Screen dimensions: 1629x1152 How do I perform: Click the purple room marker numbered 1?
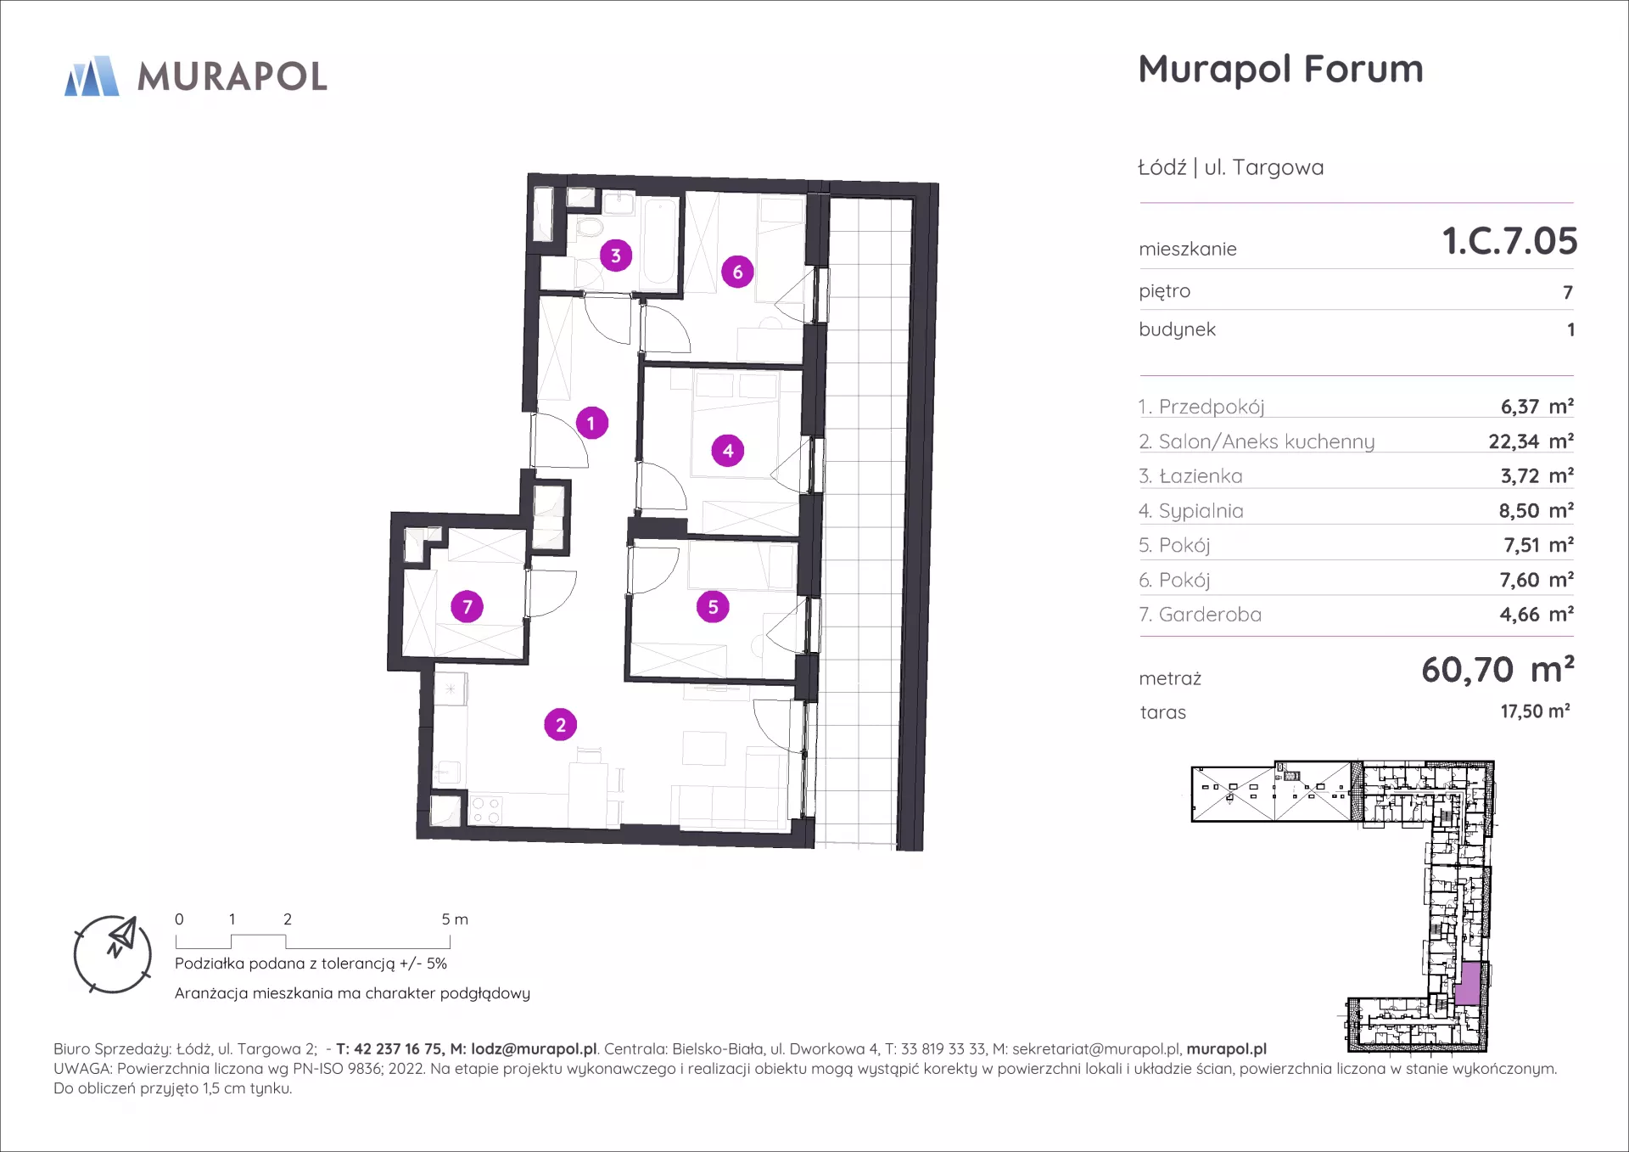(x=591, y=423)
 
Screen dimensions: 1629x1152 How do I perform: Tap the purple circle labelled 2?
(x=560, y=725)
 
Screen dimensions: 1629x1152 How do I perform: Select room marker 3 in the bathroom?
(x=616, y=256)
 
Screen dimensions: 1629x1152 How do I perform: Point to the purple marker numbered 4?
(x=728, y=451)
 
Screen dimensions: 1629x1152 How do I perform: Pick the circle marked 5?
(x=713, y=607)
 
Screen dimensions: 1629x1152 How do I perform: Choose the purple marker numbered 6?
(x=737, y=272)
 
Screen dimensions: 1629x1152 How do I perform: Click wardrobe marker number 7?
(x=467, y=607)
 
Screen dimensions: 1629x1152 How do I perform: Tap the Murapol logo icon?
(x=92, y=76)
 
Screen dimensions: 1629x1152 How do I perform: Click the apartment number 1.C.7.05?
(x=1509, y=241)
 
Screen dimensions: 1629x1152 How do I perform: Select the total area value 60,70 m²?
(x=1497, y=670)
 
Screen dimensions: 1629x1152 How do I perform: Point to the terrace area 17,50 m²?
(x=1535, y=711)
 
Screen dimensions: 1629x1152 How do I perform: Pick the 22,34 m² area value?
(x=1531, y=441)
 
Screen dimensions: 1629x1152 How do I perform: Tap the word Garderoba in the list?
(x=1210, y=615)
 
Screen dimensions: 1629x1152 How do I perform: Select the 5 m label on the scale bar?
(x=455, y=919)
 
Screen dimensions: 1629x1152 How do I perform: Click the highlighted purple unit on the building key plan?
(x=1469, y=985)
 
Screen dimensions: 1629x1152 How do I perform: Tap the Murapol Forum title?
(x=1280, y=69)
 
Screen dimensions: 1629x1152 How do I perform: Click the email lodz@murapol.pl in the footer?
(x=534, y=1049)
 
